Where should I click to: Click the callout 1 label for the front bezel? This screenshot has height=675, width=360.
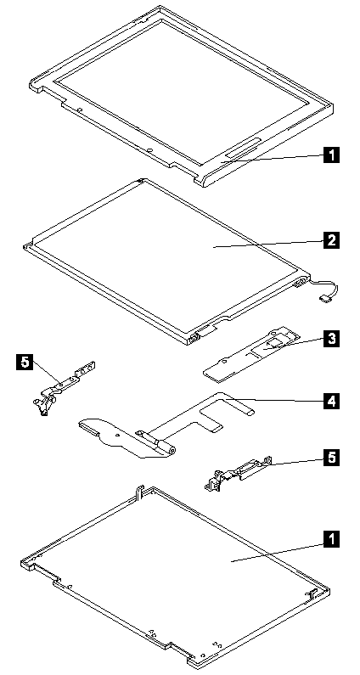point(331,155)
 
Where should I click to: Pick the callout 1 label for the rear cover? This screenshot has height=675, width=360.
point(331,539)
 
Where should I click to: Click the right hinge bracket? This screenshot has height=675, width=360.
point(237,474)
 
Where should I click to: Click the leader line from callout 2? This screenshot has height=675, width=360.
point(268,244)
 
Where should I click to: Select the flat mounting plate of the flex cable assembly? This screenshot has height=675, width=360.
point(116,435)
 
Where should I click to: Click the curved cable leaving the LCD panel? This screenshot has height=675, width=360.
point(332,288)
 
